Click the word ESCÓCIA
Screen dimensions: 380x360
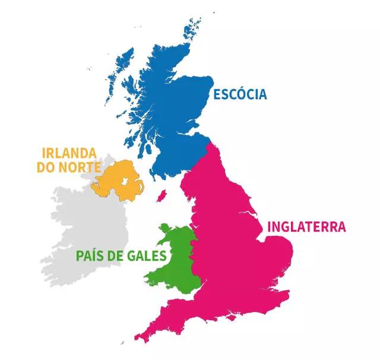pos(239,94)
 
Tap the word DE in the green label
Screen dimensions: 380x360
pos(119,256)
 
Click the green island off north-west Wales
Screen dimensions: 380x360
pos(164,228)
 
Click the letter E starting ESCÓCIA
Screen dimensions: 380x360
pos(217,94)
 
